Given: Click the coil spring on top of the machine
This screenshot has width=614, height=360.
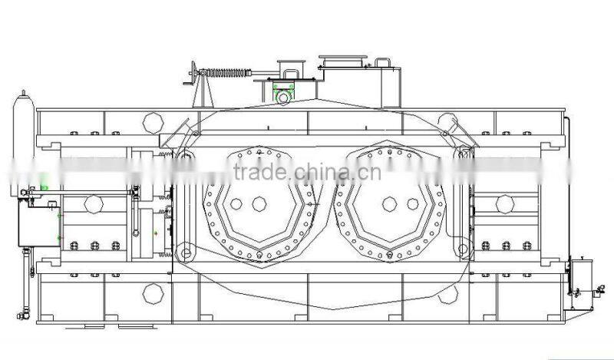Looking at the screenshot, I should (x=228, y=74).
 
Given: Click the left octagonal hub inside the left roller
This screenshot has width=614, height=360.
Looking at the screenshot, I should (x=236, y=204).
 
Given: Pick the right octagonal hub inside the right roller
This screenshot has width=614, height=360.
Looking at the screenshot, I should (x=413, y=203).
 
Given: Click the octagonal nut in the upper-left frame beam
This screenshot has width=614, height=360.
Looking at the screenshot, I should (x=153, y=122).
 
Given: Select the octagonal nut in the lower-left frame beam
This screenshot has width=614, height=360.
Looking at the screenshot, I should (x=153, y=292).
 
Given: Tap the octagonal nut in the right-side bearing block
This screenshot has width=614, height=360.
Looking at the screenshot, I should (x=504, y=203).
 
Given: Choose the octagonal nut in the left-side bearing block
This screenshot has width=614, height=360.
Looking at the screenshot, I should (x=94, y=204).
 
